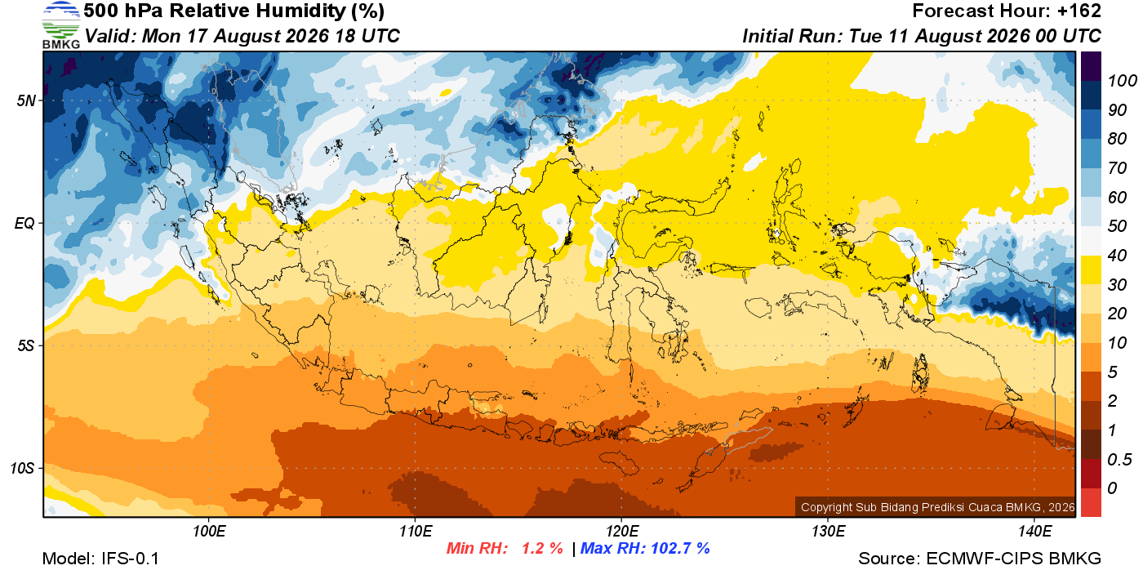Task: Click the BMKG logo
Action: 60,25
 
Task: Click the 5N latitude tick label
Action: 26,100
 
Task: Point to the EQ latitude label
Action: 24,224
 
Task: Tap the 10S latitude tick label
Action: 22,468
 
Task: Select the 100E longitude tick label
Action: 209,531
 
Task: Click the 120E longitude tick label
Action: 622,531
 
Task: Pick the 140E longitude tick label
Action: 1035,531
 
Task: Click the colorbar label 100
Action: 1122,81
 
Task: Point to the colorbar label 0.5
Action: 1119,460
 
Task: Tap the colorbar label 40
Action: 1117,256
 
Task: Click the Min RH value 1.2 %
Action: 542,548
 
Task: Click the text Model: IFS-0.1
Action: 100,559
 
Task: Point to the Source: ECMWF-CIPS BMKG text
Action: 980,559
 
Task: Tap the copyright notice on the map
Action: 938,507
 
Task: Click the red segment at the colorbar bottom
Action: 1091,502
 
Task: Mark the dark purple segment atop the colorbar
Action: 1091,66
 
